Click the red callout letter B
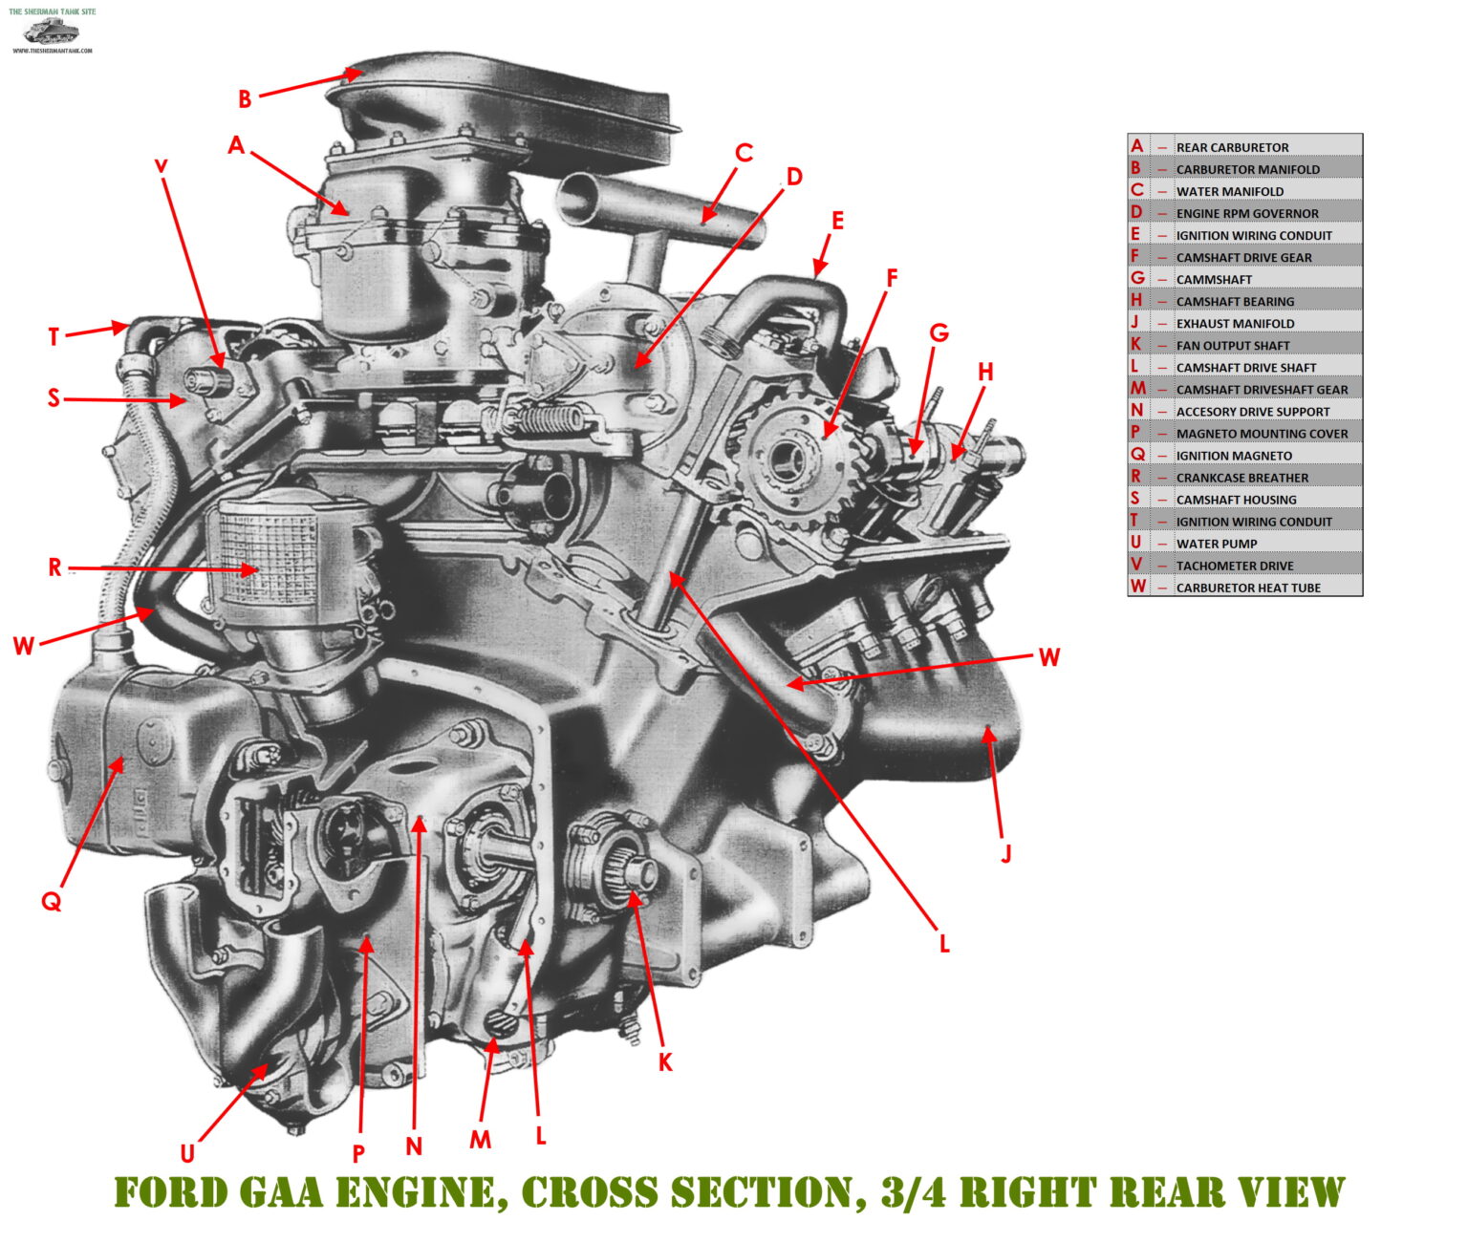(x=245, y=99)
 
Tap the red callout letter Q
(x=51, y=901)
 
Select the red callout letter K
(x=666, y=1062)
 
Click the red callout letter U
(x=187, y=1154)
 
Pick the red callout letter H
(x=985, y=372)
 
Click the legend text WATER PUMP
(x=1216, y=544)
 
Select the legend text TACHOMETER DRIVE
(x=1235, y=566)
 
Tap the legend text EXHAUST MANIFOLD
(x=1235, y=324)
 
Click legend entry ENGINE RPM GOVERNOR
(x=1246, y=214)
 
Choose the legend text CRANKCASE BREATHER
(x=1241, y=478)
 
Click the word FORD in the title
(x=170, y=1193)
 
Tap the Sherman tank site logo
(x=52, y=31)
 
